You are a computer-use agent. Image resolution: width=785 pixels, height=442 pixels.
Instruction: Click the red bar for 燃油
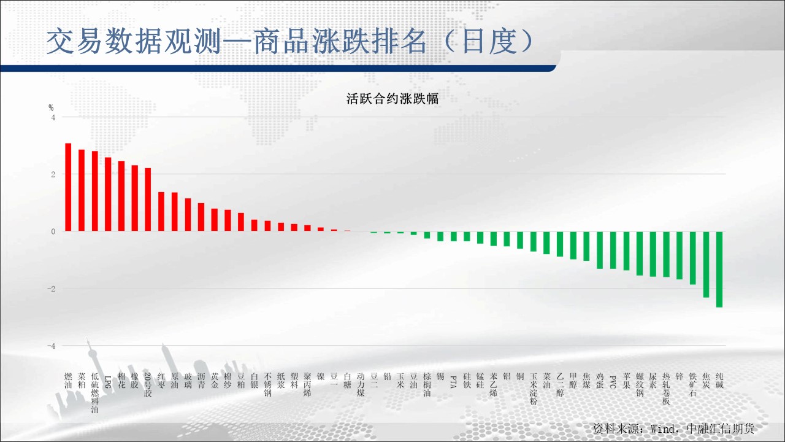click(x=68, y=187)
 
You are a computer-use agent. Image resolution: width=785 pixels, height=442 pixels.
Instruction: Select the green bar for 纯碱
click(x=719, y=269)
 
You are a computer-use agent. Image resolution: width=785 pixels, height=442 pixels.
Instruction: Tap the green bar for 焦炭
click(x=706, y=265)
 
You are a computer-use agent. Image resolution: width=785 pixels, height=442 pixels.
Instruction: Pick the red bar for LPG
click(x=108, y=195)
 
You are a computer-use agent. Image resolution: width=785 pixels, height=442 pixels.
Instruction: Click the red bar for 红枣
click(x=161, y=212)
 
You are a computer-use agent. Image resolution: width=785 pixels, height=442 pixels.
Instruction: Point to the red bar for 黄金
click(x=215, y=220)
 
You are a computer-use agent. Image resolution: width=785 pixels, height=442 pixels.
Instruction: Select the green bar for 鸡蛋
click(x=600, y=250)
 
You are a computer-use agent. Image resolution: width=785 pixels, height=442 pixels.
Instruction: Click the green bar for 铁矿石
click(x=693, y=258)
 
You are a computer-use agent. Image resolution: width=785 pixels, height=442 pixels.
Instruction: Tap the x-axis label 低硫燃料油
click(x=95, y=393)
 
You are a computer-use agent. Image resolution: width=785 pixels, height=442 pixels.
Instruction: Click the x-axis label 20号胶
click(x=148, y=385)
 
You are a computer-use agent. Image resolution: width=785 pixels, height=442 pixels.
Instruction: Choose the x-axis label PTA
click(x=453, y=382)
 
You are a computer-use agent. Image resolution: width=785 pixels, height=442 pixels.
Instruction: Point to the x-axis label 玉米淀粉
click(x=534, y=389)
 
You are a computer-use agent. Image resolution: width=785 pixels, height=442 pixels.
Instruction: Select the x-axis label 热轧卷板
click(x=666, y=389)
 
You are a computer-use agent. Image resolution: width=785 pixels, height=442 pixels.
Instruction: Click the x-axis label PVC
click(x=613, y=382)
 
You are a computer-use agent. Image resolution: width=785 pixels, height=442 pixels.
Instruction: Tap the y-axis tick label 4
click(x=53, y=117)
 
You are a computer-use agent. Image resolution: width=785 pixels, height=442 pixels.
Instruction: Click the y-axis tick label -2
click(x=52, y=289)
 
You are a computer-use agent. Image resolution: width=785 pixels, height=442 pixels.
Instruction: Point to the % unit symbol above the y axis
click(x=51, y=107)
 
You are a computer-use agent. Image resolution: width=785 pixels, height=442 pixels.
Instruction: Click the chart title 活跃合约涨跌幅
click(x=392, y=99)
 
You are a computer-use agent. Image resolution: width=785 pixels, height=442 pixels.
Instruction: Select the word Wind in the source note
click(x=662, y=428)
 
